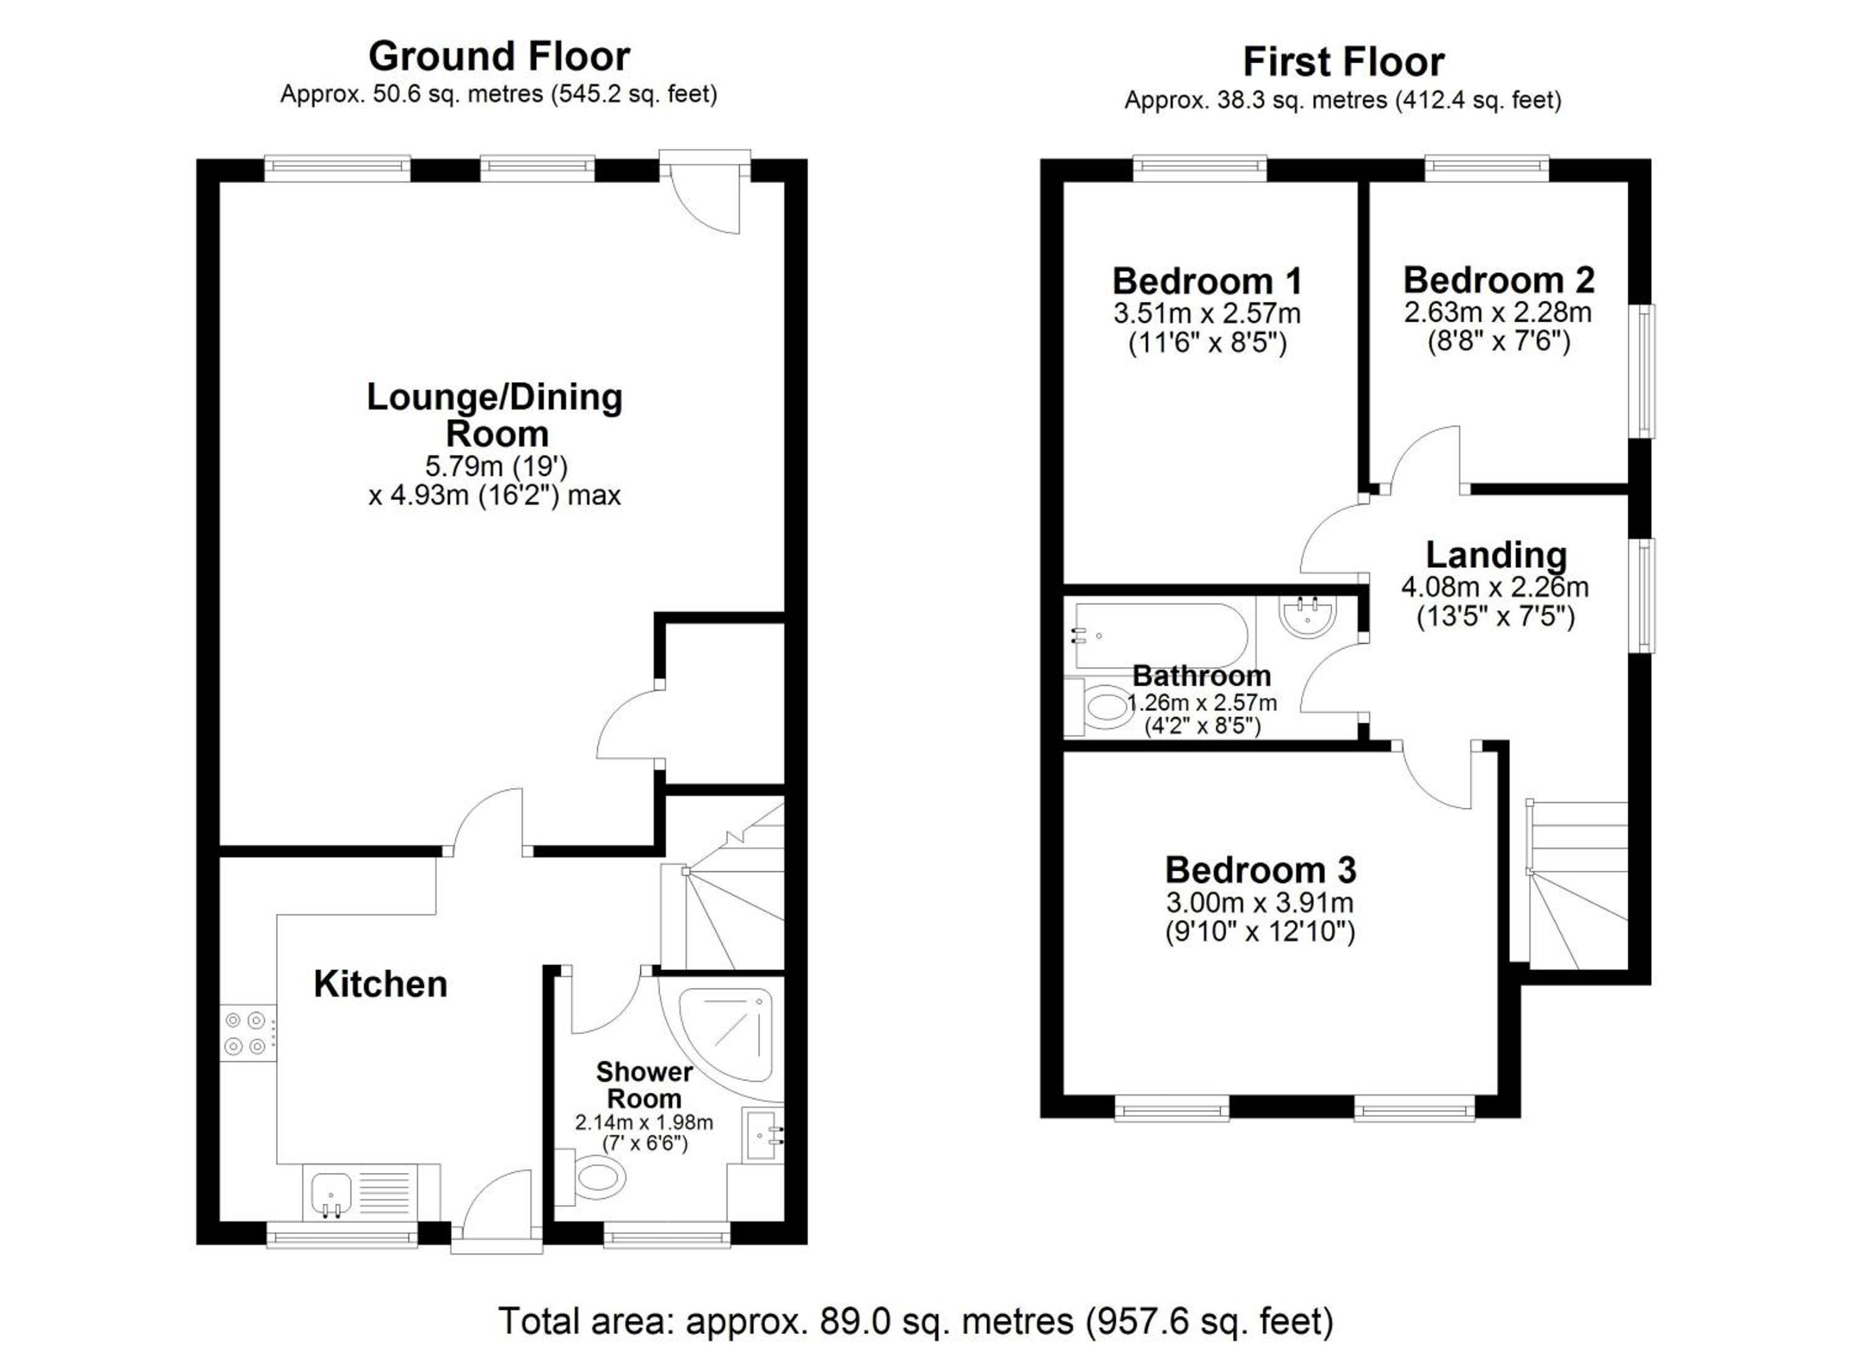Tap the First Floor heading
[1344, 62]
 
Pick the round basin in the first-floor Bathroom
[1307, 616]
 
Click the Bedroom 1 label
[1207, 281]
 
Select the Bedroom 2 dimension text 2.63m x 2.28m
[1498, 312]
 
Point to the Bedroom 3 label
[1260, 870]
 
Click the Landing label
[1496, 556]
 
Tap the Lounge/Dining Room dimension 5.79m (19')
[496, 466]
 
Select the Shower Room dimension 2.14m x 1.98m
[644, 1123]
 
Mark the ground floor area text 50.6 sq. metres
[458, 94]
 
